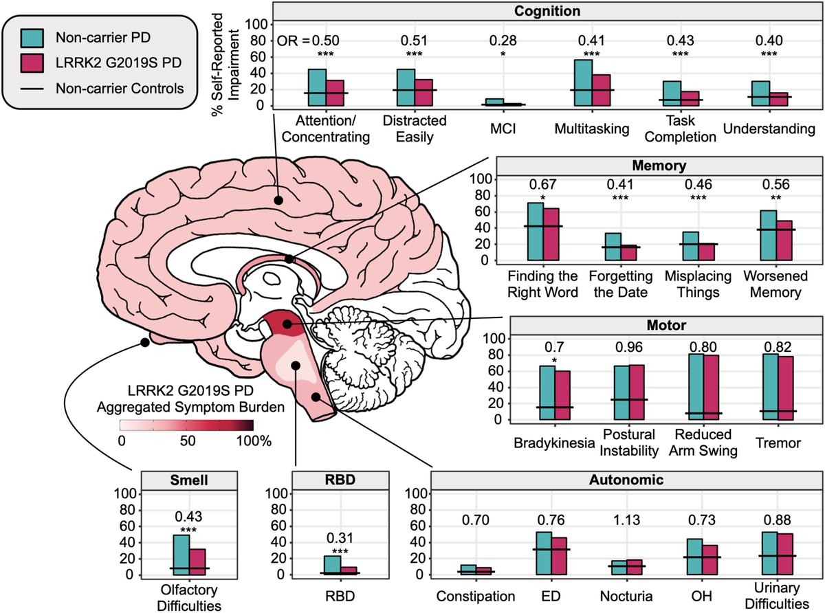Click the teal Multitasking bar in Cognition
point(583,82)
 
